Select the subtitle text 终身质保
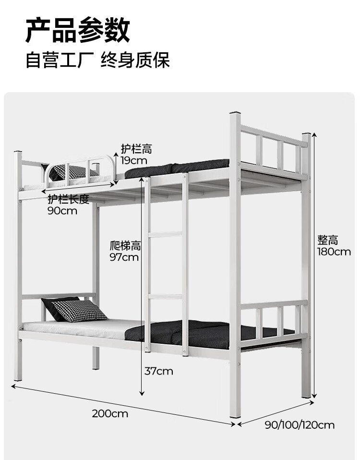pos(135,61)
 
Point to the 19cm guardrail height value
pos(134,160)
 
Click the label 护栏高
pos(136,149)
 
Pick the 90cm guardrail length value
pos(62,211)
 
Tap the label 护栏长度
pos(68,200)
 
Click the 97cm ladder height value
pos(124,257)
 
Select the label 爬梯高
pos(125,246)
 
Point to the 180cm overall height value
pos(334,251)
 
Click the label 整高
pos(327,240)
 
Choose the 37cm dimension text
pos(158,371)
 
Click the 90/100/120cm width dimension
pos(300,424)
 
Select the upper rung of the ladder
pos(165,234)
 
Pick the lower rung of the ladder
pos(165,296)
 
